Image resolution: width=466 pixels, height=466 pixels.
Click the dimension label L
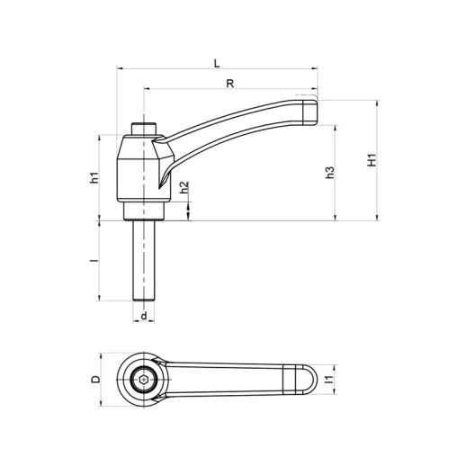pos(216,62)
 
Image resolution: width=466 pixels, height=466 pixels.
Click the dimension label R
pos(231,83)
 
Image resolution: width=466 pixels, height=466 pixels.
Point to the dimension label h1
pos(94,177)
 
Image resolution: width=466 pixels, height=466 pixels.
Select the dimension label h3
pos(330,171)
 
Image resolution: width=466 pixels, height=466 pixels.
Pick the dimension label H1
pos(371,160)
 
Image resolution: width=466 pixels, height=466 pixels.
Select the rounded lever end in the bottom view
pos(303,381)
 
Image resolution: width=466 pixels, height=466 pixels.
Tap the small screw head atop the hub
pos(144,127)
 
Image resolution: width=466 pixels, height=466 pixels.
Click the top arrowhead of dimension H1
pos(377,102)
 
